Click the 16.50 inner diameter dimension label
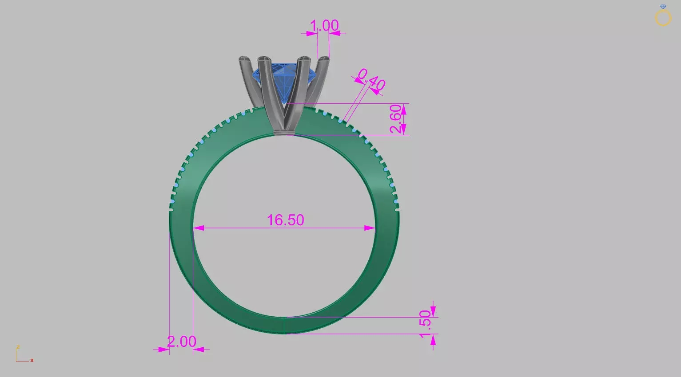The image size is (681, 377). click(285, 220)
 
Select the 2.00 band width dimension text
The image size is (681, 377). click(181, 342)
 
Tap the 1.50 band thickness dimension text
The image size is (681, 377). click(425, 324)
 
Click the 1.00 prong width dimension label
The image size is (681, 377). click(324, 26)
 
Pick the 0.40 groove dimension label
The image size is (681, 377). click(371, 79)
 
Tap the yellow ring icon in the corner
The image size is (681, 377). click(663, 18)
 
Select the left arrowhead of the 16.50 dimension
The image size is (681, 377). click(199, 228)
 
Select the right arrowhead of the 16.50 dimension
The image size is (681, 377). click(370, 228)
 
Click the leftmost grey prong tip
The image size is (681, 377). click(244, 59)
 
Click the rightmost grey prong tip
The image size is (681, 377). click(324, 59)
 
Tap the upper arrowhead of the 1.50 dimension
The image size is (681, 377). click(433, 312)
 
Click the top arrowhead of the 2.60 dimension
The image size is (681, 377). click(404, 108)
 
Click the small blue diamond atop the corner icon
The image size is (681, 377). click(663, 7)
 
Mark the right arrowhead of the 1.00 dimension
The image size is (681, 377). click(334, 33)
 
